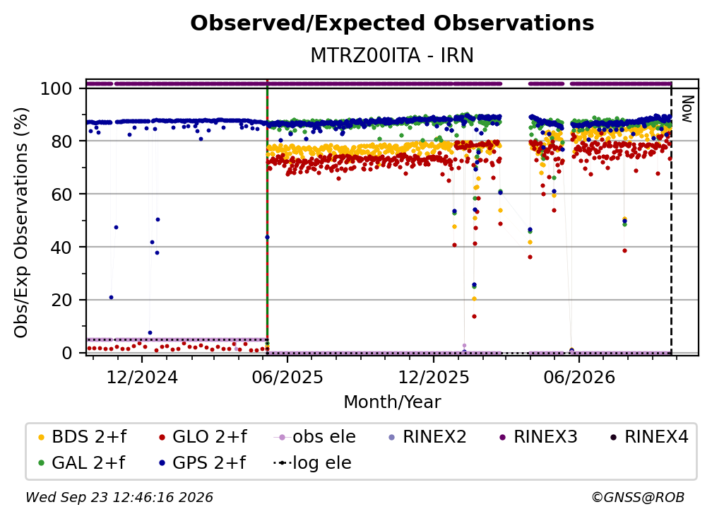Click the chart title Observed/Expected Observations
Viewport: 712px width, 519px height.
tap(392, 23)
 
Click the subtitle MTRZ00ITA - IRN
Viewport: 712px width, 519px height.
tap(392, 56)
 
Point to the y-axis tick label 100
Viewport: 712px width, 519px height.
tap(57, 88)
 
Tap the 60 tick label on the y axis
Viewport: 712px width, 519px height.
tap(61, 194)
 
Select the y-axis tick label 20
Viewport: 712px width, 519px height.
tap(61, 301)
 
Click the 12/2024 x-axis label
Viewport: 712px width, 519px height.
tap(142, 377)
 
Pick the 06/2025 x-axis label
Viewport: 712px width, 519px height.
tap(287, 377)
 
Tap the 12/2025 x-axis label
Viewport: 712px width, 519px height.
tap(434, 377)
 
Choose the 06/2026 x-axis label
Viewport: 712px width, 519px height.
tap(579, 377)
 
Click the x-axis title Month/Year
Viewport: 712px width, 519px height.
tap(392, 402)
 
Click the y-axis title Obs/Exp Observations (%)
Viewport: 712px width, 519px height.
tap(21, 223)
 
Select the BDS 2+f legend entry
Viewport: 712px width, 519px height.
tap(82, 437)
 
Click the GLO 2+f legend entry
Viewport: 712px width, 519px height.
tap(203, 437)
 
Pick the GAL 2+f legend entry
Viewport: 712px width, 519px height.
tap(81, 463)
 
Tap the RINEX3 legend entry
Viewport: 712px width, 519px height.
tap(538, 437)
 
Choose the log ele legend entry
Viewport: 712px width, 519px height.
tap(312, 463)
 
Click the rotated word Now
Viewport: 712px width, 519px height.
tap(687, 109)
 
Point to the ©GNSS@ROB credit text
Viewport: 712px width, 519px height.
tap(638, 497)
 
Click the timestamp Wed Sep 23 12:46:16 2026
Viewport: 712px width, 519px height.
tap(119, 497)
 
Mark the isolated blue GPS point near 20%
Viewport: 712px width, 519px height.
tap(112, 298)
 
